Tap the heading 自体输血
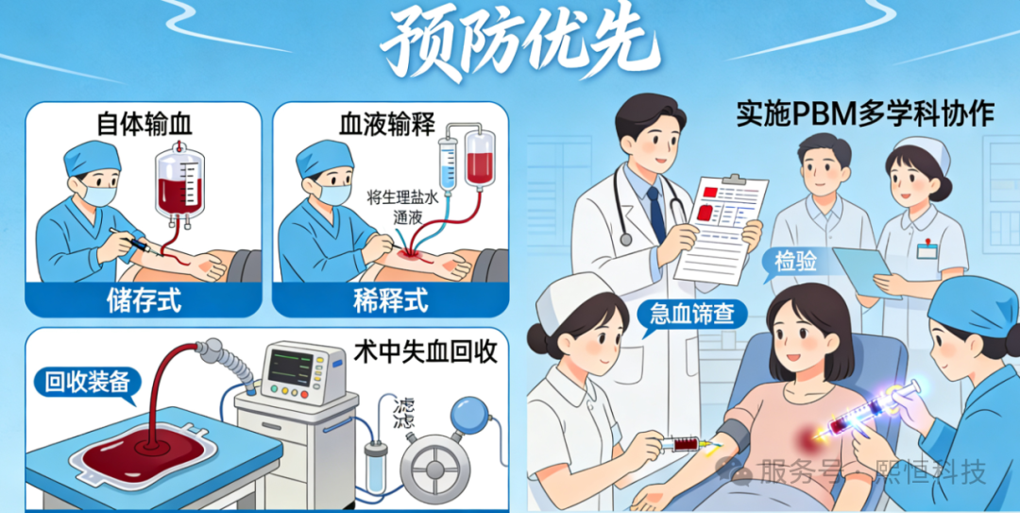click(x=143, y=125)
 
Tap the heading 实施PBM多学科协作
click(x=864, y=113)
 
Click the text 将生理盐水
click(x=403, y=197)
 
